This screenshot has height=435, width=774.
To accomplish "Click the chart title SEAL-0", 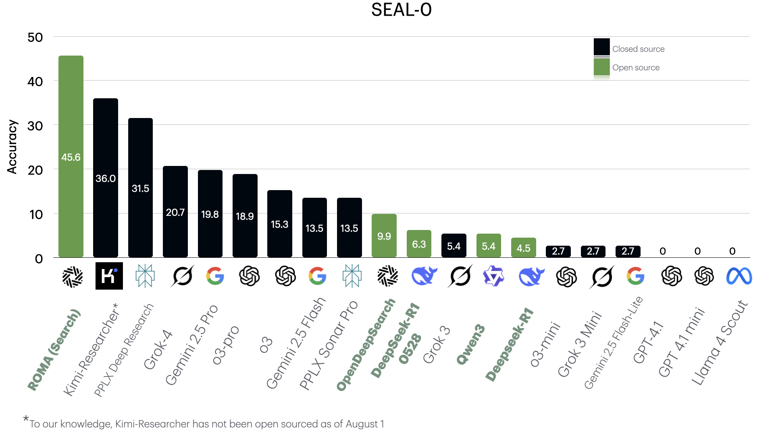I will pos(401,10).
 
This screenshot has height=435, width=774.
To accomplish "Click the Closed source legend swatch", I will pos(601,47).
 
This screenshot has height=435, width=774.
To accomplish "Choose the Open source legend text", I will pos(636,68).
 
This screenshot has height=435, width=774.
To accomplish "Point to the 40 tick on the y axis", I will pos(35,82).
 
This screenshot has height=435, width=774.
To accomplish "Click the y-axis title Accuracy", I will pos(12,147).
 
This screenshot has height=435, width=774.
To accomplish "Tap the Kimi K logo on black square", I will pos(109,276).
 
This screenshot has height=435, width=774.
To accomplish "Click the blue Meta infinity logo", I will pos(739,276).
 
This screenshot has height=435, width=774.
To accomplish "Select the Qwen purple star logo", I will pos(493,276).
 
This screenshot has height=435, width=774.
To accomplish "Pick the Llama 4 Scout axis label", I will pos(720,342).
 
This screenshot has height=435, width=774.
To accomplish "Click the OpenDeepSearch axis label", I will pos(366,345).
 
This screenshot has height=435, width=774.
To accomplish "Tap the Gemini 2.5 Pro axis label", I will pos(191,345).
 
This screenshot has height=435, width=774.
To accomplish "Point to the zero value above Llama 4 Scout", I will pos(732,251).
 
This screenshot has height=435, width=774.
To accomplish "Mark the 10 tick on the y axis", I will pos(36,214).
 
